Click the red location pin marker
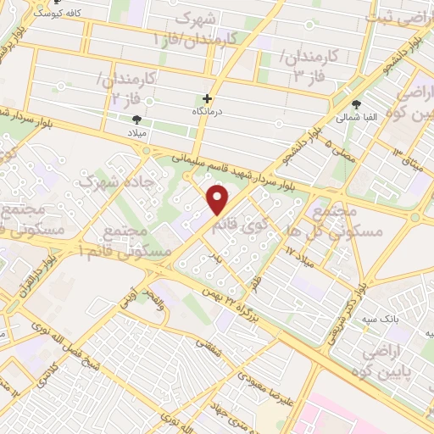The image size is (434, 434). tap(218, 201)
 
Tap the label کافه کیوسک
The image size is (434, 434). tap(50, 14)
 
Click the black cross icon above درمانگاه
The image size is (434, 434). tap(208, 98)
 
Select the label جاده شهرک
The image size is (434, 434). tap(108, 181)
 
